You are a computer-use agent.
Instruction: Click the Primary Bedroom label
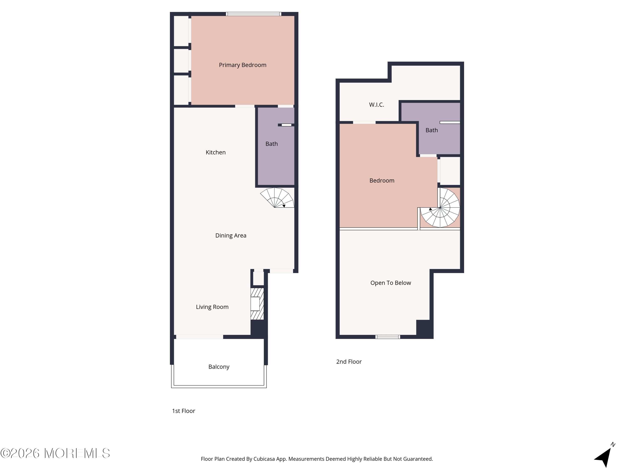point(242,65)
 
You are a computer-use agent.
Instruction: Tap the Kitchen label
point(216,152)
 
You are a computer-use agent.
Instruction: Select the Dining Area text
point(231,235)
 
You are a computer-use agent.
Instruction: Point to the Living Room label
point(212,307)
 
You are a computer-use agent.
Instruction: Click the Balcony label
point(219,367)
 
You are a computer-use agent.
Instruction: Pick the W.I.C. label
point(376,105)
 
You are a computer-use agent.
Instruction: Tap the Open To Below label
point(390,283)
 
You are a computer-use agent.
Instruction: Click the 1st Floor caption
point(183,411)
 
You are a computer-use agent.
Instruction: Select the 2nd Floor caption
point(349,362)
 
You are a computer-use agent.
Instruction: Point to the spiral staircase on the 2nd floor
point(440,208)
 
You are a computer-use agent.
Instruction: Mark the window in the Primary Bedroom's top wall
point(253,14)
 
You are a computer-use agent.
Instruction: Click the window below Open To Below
point(388,337)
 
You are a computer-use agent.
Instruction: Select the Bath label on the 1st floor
point(271,144)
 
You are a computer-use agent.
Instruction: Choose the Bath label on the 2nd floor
point(432,130)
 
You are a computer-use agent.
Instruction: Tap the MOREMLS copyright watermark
point(55,453)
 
